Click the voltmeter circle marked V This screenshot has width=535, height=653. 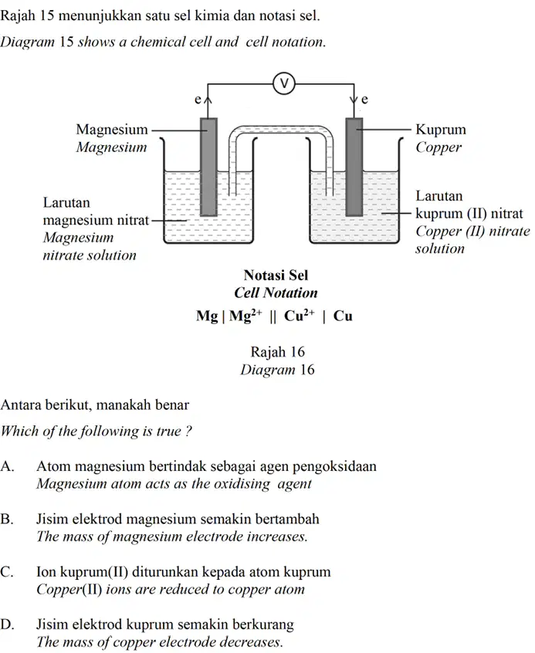click(x=284, y=83)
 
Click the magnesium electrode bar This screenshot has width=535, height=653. click(x=208, y=167)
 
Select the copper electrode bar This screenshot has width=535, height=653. click(x=354, y=167)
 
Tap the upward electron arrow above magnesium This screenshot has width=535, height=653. click(x=208, y=107)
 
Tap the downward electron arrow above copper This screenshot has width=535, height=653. click(x=354, y=107)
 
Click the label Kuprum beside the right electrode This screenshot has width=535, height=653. click(x=441, y=129)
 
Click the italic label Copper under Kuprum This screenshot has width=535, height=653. click(x=438, y=147)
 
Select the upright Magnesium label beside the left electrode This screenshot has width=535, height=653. click(x=112, y=130)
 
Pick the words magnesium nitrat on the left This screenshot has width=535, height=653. click(x=96, y=220)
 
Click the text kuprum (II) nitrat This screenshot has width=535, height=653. click(x=469, y=213)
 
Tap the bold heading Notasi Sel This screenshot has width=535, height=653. click(x=276, y=275)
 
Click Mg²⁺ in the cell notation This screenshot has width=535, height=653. click(x=245, y=315)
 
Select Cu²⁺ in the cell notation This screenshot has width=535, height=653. click(x=300, y=315)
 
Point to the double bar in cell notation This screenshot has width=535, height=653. click(x=273, y=316)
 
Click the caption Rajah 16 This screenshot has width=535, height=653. click(x=277, y=352)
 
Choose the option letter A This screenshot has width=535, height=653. click(x=7, y=466)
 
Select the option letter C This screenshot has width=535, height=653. click(x=7, y=572)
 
